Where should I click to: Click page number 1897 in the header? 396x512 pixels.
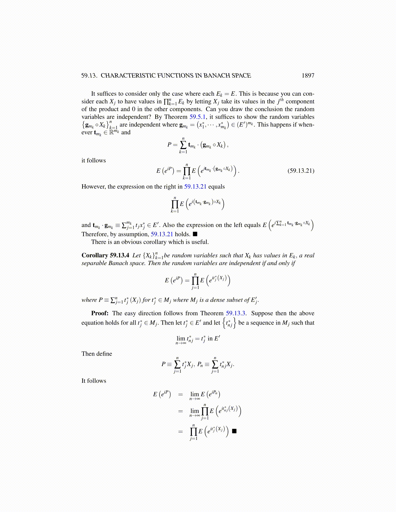(308, 76)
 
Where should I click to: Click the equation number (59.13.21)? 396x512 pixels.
(301, 171)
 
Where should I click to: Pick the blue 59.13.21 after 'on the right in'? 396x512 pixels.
(195, 187)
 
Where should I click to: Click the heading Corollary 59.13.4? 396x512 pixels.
(105, 255)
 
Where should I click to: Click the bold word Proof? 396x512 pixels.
(100, 313)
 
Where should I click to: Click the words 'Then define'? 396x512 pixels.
(97, 354)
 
